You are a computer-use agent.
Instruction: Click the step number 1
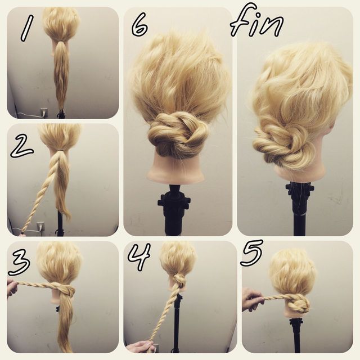[x=27, y=28]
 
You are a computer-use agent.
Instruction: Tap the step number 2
[x=21, y=146]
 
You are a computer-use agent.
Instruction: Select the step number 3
[x=19, y=263]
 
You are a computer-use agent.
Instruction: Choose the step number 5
[x=251, y=253]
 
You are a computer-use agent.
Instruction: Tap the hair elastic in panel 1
[x=61, y=41]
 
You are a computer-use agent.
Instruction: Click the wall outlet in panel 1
[x=44, y=112]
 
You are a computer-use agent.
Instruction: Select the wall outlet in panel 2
[x=40, y=226]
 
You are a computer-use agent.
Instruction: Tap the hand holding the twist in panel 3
[x=12, y=289]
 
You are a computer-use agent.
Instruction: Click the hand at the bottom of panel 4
[x=141, y=346]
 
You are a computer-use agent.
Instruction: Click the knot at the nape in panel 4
[x=178, y=281]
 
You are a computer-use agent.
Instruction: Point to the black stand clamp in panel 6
[x=174, y=202]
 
